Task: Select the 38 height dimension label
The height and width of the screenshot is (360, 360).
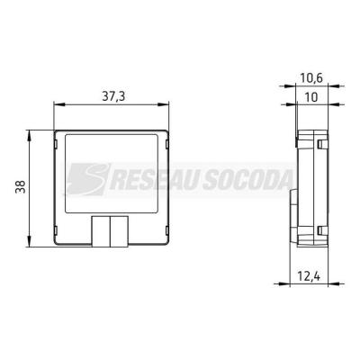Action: (21, 186)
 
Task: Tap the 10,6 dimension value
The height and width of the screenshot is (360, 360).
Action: (311, 78)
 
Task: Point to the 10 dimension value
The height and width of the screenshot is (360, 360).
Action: (311, 97)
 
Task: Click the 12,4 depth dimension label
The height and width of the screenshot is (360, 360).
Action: (309, 275)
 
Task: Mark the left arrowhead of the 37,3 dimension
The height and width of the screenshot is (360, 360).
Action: (59, 104)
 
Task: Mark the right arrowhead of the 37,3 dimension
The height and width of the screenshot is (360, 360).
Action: (163, 104)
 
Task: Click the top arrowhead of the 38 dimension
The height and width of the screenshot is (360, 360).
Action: (29, 136)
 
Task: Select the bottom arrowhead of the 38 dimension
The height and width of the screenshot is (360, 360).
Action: (29, 241)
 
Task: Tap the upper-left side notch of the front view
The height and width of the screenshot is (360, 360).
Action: (56, 144)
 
